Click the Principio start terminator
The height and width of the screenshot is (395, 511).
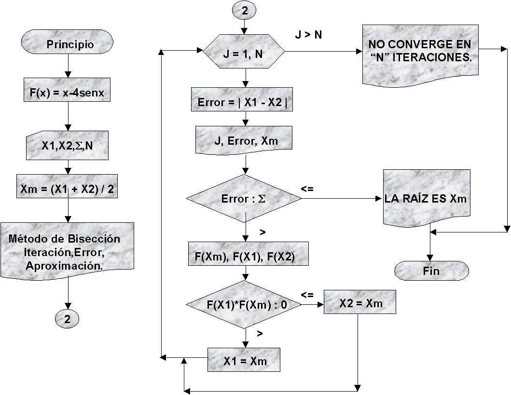(x=70, y=44)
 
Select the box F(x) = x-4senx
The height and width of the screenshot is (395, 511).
(x=67, y=90)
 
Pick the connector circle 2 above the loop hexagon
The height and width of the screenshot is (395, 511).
(x=245, y=11)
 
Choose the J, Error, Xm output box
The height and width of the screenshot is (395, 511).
(x=245, y=141)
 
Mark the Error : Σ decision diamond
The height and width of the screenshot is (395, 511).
(x=244, y=198)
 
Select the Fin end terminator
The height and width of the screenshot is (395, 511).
(x=431, y=271)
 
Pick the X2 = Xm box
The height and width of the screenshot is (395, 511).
(x=360, y=303)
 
